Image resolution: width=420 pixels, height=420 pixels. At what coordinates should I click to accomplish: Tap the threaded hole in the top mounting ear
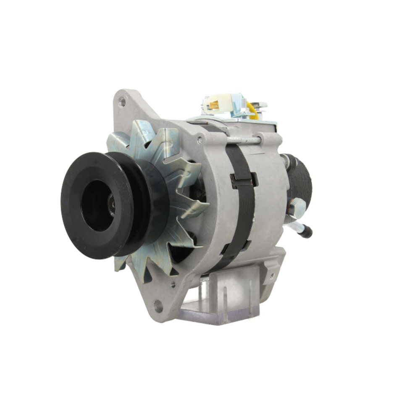coord(122,101)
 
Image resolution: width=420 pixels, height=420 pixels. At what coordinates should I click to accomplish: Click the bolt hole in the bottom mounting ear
coord(158,305)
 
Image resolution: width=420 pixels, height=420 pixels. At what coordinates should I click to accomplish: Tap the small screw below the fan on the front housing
coord(173,284)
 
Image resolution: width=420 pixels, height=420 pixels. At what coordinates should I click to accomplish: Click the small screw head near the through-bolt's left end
coord(199,139)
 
